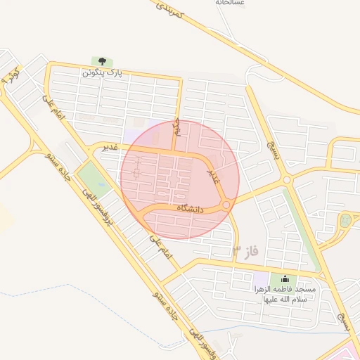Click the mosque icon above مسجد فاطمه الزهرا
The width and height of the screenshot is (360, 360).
[x=285, y=279]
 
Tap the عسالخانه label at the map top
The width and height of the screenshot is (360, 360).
[x=230, y=3]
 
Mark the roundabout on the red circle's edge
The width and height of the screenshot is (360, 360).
[x=226, y=205]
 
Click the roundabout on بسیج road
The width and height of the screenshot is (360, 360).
[x=287, y=180]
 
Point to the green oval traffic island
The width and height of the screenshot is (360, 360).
[x=345, y=221]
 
